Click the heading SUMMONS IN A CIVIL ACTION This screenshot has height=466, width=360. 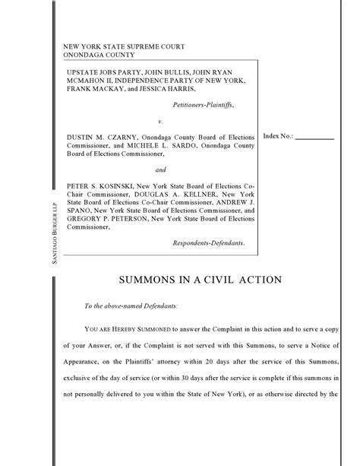coord(201,280)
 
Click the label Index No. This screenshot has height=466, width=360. coord(277,136)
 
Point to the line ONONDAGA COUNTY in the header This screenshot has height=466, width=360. coord(99,55)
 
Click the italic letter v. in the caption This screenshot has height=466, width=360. coord(160,121)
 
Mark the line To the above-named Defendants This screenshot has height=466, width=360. coord(131,306)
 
